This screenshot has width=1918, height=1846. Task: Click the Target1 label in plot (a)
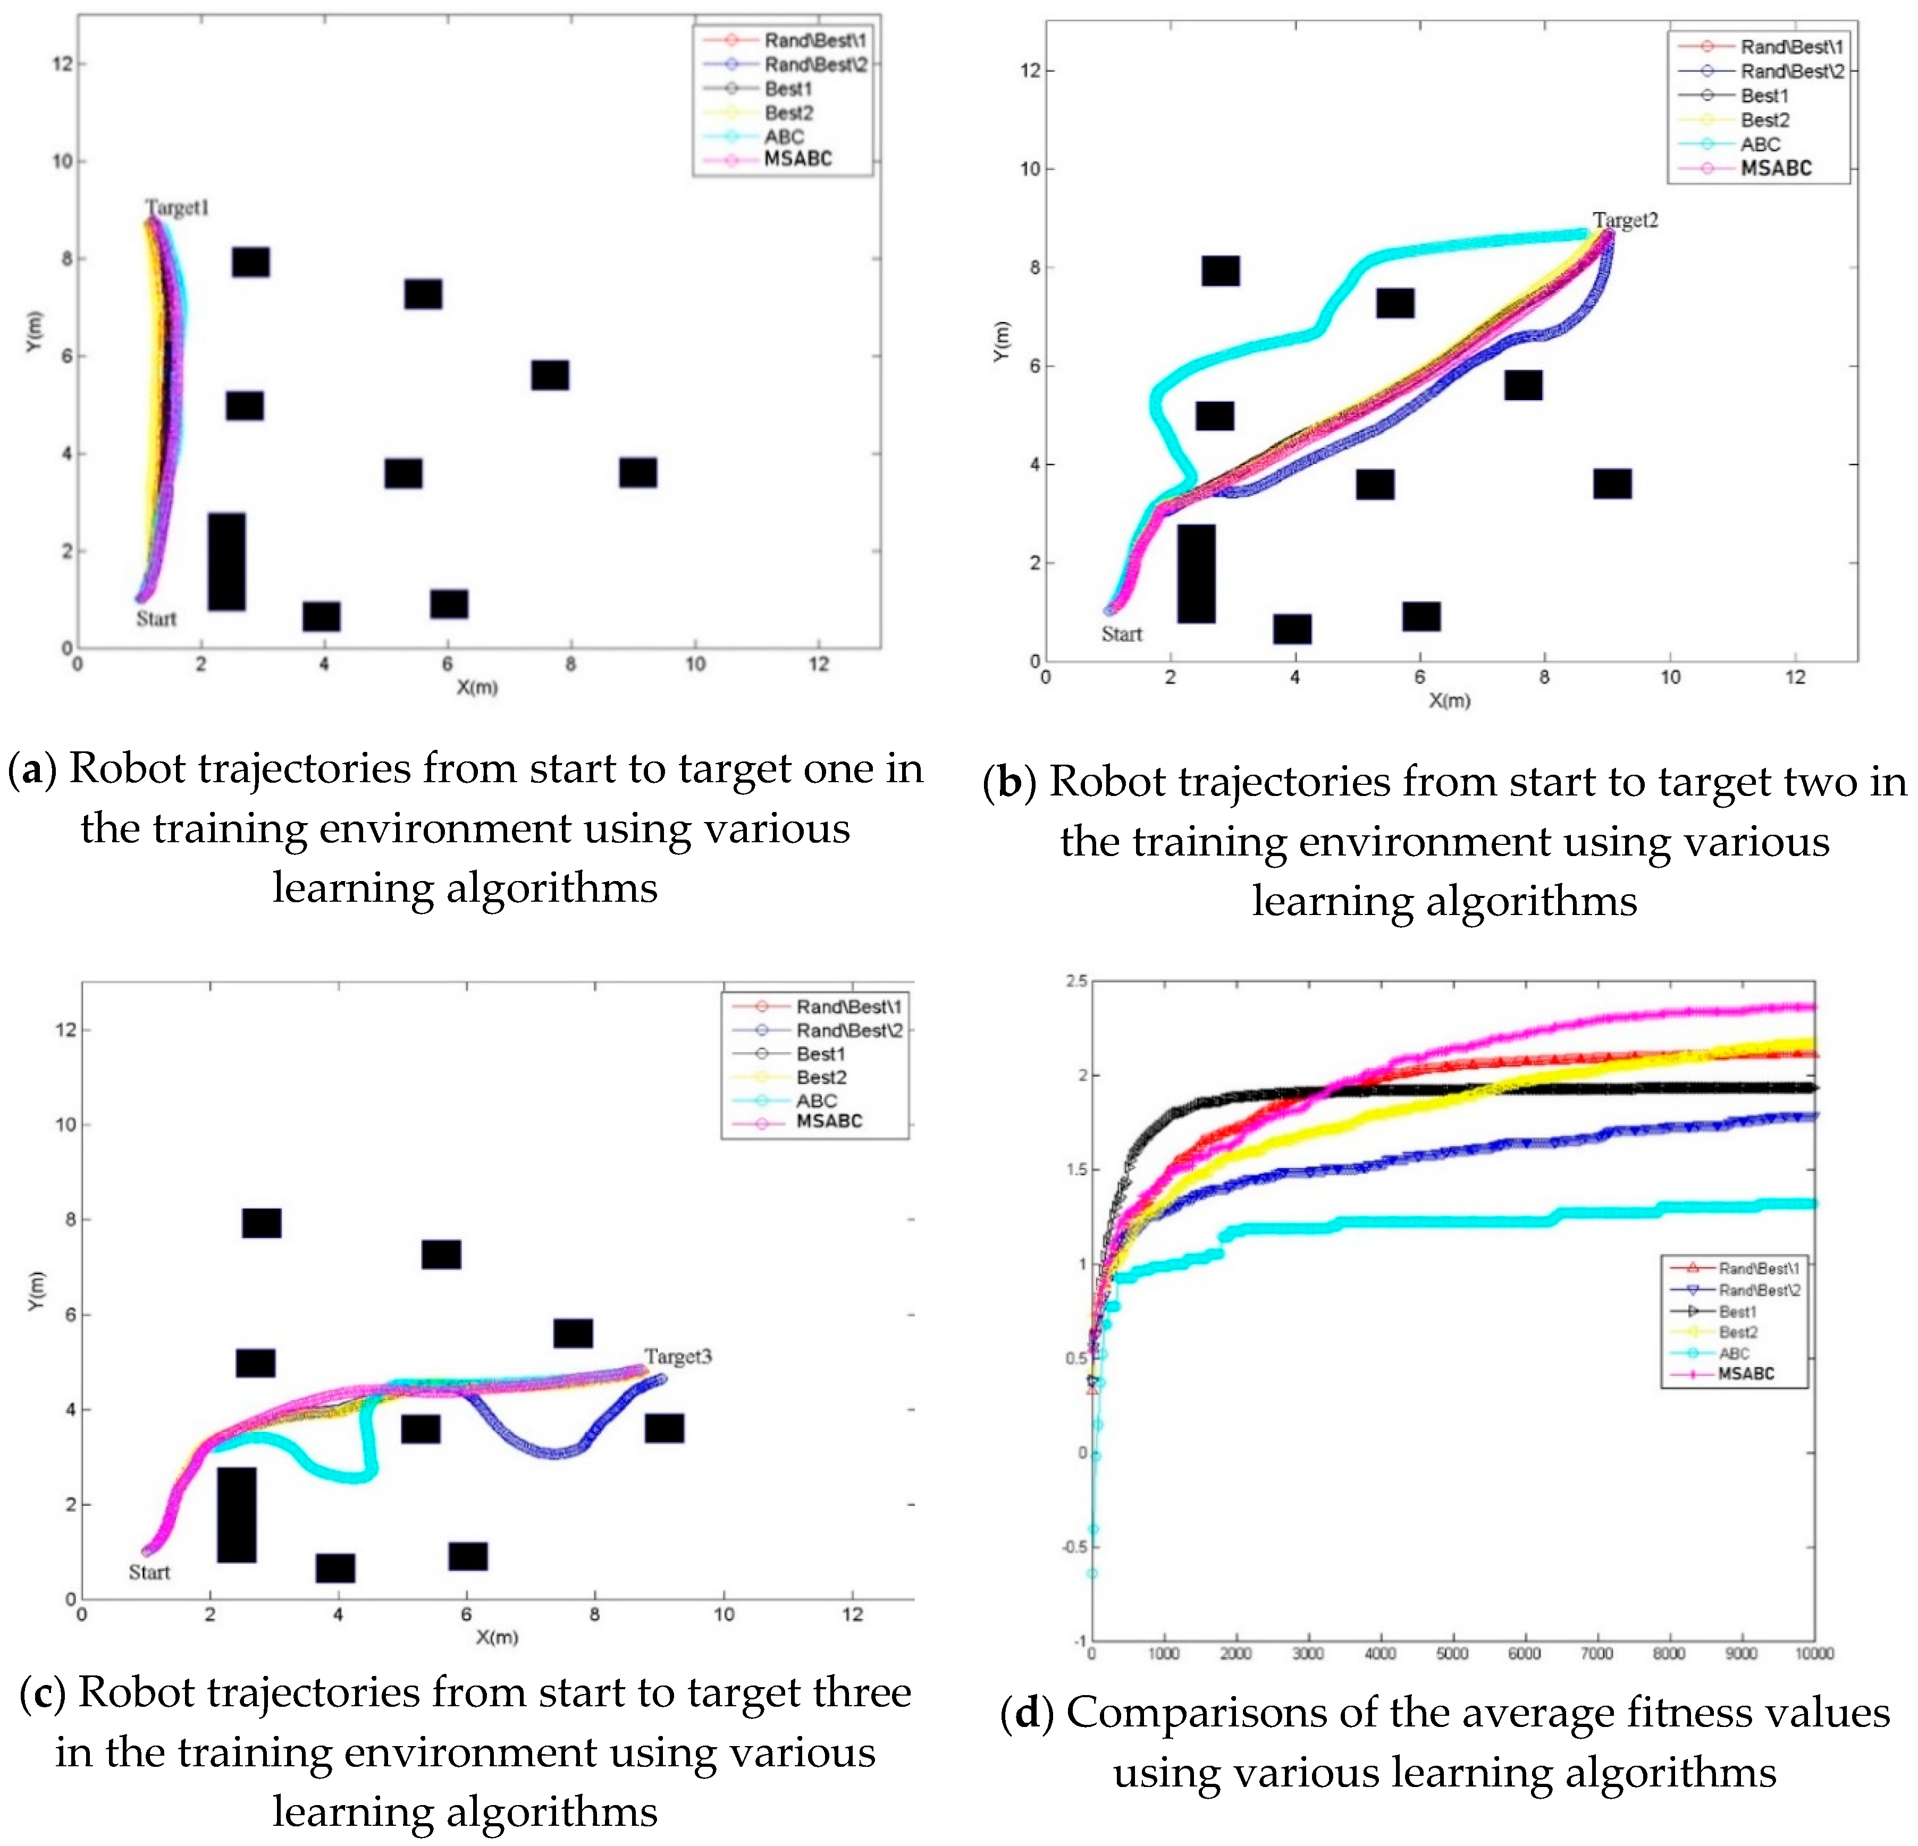177,207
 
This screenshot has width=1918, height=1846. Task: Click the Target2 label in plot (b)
1626,220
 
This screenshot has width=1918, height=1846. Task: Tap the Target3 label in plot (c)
678,1356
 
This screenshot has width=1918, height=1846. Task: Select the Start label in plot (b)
1122,634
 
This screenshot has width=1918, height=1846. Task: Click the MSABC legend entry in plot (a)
797,158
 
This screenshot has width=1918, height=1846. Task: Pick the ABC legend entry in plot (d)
1734,1353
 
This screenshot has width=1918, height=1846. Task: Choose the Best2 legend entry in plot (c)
821,1077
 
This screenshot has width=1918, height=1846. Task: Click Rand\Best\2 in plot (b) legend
1792,71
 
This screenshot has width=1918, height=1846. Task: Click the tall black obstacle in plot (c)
237,1514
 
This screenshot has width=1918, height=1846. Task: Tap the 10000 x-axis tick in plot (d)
1813,1653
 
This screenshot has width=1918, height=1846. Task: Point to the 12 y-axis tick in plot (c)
64,1029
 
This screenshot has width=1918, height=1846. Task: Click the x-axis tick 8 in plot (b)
1544,677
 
